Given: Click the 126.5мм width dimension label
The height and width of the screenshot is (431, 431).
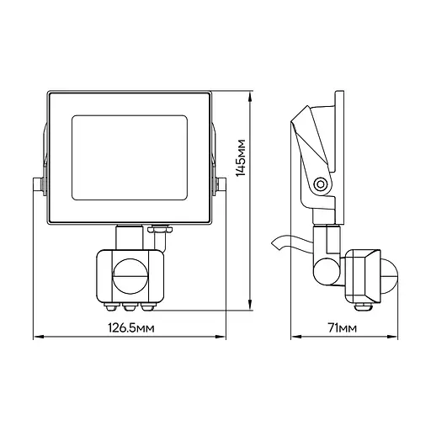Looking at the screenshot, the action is click(x=131, y=327).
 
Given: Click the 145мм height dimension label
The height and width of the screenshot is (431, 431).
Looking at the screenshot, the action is click(x=241, y=157).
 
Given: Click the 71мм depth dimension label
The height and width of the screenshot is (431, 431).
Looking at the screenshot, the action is click(x=343, y=327).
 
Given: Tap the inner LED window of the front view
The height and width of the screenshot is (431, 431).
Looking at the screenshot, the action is click(x=130, y=157).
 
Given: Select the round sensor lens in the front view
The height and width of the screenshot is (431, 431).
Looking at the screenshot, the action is click(x=130, y=276).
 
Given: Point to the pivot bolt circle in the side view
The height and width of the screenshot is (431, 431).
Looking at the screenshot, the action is click(x=320, y=184).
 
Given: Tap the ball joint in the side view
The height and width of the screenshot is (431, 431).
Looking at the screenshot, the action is click(x=327, y=271).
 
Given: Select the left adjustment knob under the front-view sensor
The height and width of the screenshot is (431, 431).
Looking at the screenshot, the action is click(x=111, y=306).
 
